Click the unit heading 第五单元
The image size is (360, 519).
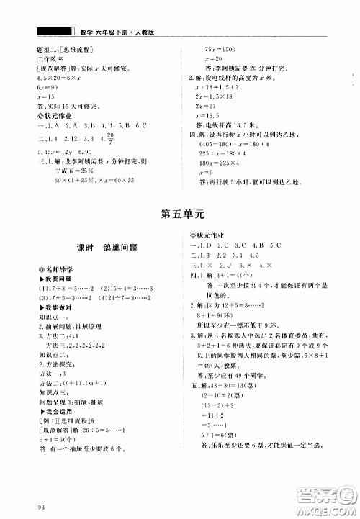[179, 213]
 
